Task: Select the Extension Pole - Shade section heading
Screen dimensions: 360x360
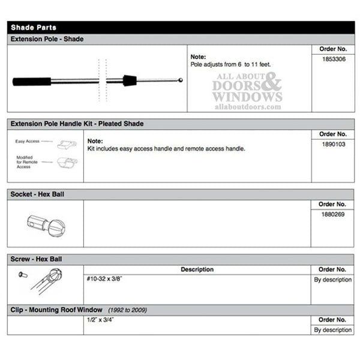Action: point(47,39)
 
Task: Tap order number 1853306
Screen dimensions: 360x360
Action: point(333,59)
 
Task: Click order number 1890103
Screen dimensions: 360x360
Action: point(333,145)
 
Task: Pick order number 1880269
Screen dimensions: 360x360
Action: point(333,214)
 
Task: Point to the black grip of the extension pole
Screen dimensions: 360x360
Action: point(30,81)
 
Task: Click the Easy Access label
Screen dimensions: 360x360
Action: point(28,142)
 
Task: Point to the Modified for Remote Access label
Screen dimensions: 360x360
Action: point(28,162)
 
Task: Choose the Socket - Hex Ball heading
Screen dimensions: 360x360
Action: point(38,194)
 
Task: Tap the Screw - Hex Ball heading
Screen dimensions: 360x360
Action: point(37,259)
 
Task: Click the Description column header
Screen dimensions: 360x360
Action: point(197,269)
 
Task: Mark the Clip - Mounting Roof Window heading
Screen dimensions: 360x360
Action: point(56,310)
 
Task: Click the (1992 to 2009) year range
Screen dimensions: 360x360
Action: point(128,310)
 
